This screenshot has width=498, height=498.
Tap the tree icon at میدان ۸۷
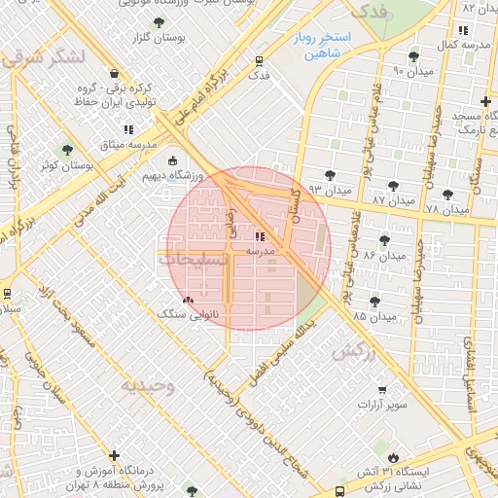point(393,185)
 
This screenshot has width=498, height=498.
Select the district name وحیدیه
point(147,386)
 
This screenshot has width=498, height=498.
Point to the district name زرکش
point(353,352)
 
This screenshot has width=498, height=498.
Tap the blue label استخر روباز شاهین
point(328,47)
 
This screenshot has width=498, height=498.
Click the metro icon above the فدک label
point(258,60)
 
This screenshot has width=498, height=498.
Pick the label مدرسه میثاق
point(128,144)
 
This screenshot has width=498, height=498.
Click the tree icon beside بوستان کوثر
point(66,150)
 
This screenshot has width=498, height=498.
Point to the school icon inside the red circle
point(259,235)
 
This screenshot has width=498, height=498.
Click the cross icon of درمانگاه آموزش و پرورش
point(115,455)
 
